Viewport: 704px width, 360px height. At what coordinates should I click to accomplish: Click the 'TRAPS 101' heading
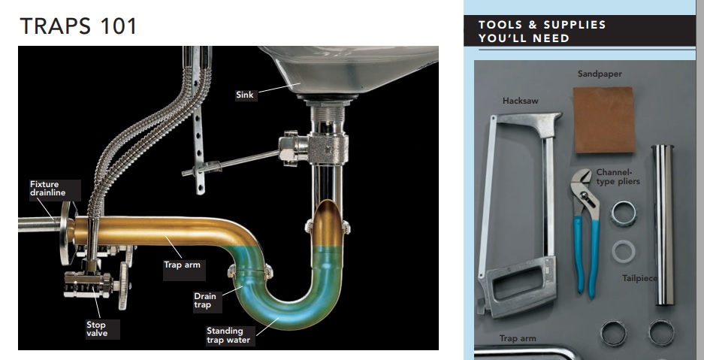79,25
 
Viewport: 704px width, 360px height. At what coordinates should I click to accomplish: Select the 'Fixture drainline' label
44,189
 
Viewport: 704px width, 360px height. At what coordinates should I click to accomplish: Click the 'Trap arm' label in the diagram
181,265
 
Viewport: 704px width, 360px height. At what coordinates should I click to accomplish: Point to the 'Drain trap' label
205,301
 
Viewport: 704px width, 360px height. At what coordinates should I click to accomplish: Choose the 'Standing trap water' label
225,335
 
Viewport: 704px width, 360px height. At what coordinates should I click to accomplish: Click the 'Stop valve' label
97,329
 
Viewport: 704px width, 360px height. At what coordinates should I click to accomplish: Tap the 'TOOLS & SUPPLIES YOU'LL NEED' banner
542,31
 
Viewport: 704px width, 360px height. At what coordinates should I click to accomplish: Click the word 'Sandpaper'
600,74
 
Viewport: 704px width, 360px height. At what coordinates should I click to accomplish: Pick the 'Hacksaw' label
521,100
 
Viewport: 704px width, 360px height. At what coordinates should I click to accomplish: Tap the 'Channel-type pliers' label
614,177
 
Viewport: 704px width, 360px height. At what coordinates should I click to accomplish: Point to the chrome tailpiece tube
664,225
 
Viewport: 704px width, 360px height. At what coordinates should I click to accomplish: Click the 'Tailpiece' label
639,278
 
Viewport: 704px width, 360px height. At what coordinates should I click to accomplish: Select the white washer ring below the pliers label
621,250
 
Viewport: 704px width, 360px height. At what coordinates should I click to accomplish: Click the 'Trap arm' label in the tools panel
518,339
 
